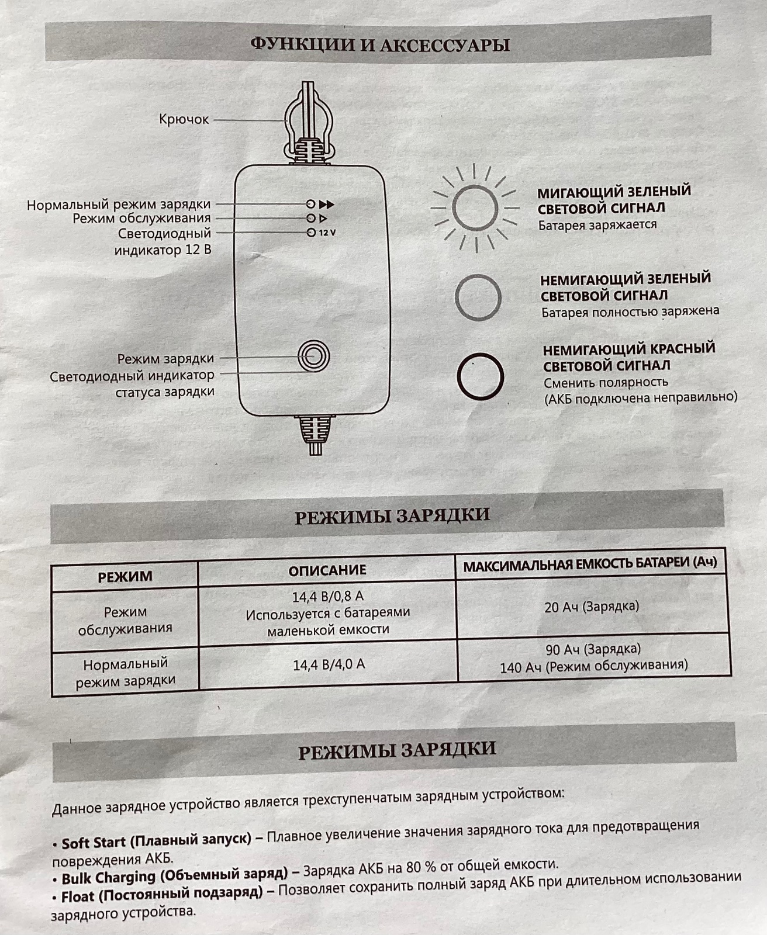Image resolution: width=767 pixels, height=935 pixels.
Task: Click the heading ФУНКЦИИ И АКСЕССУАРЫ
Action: (380, 45)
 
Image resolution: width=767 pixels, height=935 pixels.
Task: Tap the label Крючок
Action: (184, 119)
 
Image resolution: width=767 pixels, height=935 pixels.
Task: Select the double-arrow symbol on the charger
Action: (326, 205)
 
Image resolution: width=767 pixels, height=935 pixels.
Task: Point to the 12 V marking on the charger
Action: (327, 233)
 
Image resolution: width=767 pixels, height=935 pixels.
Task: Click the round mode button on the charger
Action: (313, 356)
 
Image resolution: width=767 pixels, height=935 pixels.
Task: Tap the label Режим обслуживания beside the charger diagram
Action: (141, 218)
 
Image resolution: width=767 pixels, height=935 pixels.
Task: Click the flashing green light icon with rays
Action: (475, 208)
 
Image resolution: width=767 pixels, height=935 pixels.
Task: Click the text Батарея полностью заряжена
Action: (630, 311)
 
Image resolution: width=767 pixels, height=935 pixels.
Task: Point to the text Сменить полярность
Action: (606, 382)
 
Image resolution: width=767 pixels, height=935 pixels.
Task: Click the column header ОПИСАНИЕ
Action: (327, 570)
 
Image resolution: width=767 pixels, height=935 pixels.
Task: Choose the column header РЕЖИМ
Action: (125, 576)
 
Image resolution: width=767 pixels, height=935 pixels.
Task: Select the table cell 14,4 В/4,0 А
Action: (329, 664)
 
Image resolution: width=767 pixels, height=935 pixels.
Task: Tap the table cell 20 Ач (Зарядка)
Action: (592, 607)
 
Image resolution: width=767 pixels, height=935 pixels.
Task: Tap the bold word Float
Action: (78, 896)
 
